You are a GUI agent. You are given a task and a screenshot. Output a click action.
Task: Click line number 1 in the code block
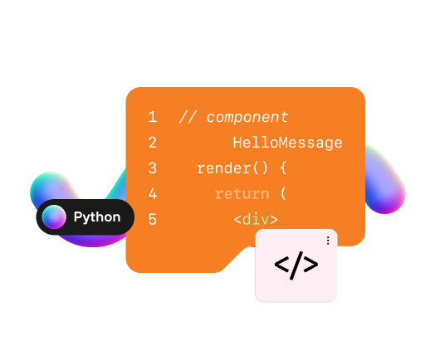pyautogui.click(x=153, y=117)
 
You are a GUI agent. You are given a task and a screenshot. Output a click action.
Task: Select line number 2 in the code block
pyautogui.click(x=153, y=143)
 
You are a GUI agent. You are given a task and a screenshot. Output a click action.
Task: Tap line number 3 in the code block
pyautogui.click(x=153, y=168)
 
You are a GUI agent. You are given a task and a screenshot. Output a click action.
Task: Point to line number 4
pyautogui.click(x=153, y=193)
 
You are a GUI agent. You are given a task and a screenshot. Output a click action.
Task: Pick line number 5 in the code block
pyautogui.click(x=153, y=219)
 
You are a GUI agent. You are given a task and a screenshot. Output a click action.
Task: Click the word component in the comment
pyautogui.click(x=247, y=118)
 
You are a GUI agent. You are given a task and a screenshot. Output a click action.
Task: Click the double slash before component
pyautogui.click(x=188, y=117)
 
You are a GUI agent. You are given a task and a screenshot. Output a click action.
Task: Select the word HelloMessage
pyautogui.click(x=287, y=144)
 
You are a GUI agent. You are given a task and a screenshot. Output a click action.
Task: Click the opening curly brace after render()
pyautogui.click(x=283, y=168)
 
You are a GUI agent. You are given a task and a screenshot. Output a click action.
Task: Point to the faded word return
pyautogui.click(x=242, y=194)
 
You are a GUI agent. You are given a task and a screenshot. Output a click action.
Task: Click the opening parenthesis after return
pyautogui.click(x=283, y=193)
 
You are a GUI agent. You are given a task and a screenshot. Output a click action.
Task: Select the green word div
pyautogui.click(x=256, y=219)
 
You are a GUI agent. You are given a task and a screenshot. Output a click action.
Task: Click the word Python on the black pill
pyautogui.click(x=97, y=217)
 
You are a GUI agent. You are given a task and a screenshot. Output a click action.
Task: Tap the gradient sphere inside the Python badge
pyautogui.click(x=54, y=216)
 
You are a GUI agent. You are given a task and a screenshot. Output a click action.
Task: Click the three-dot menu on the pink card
pyautogui.click(x=328, y=241)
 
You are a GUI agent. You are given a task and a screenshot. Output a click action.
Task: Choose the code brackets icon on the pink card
pyautogui.click(x=296, y=265)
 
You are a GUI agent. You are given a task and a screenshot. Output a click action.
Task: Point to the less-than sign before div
pyautogui.click(x=237, y=220)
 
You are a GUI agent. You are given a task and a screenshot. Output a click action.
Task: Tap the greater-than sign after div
pyautogui.click(x=274, y=220)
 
